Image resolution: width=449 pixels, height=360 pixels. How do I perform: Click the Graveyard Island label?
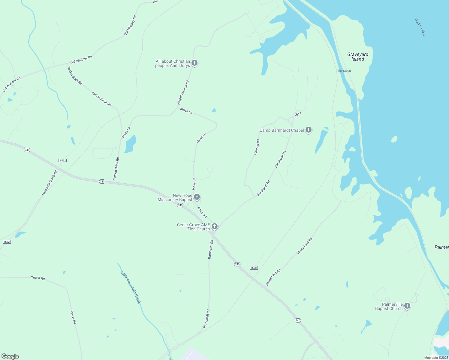click(358, 57)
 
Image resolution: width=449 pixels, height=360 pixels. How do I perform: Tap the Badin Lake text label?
click(420, 27)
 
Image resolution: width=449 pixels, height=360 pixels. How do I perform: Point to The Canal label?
click(344, 71)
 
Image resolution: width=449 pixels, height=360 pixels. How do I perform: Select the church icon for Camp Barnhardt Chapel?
click(309, 130)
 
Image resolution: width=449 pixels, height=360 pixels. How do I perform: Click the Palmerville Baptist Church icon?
click(407, 306)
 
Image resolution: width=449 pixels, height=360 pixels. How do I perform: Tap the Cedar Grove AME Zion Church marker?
click(215, 226)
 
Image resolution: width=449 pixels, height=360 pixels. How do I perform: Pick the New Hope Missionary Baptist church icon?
click(197, 197)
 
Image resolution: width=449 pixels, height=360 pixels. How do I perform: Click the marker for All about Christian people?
click(194, 63)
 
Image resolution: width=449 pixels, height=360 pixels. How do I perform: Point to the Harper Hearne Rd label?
click(183, 92)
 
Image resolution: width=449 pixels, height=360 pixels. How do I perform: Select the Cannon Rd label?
click(257, 147)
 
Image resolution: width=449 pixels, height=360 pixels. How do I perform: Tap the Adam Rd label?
click(202, 212)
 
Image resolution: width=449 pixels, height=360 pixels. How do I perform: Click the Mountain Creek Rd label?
click(50, 183)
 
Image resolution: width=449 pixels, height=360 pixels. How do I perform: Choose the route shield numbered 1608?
click(254, 268)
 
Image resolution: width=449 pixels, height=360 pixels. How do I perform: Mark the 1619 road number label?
click(297, 114)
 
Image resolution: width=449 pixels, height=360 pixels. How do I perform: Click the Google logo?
click(10, 356)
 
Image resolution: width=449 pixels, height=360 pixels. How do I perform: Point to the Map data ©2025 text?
click(436, 358)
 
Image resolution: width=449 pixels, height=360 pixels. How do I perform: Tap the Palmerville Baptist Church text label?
click(389, 306)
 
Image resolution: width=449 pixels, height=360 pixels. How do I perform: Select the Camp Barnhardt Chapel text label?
click(282, 130)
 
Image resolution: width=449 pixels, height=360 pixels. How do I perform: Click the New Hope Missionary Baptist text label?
click(175, 197)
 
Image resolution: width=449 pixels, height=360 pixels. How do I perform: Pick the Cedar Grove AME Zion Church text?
click(194, 227)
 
